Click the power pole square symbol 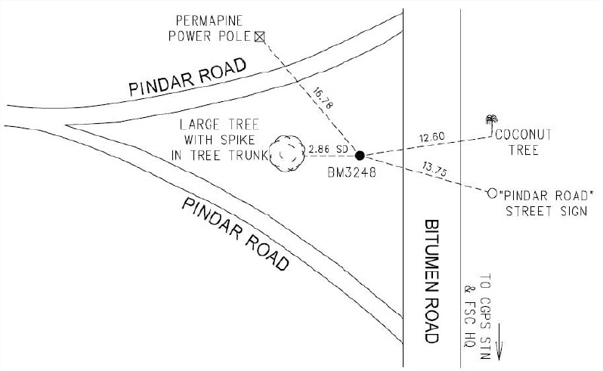(x=260, y=36)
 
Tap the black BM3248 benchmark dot (x=360, y=156)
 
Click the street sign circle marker (x=492, y=193)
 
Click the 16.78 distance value (x=323, y=98)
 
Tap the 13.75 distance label (x=434, y=169)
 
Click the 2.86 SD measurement (x=328, y=149)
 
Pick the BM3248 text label (x=351, y=173)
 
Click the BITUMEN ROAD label (x=431, y=281)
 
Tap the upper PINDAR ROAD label (x=187, y=78)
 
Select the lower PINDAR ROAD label (x=235, y=234)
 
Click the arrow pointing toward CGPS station (x=499, y=342)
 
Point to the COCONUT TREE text (x=524, y=142)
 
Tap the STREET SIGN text (x=546, y=211)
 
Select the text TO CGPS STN (x=485, y=317)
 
